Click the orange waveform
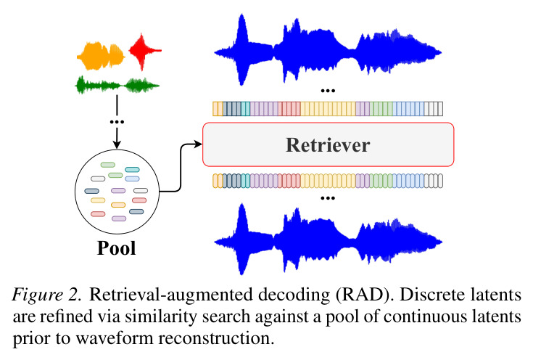101,56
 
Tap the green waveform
117,85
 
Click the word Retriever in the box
328,145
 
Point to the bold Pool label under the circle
116,248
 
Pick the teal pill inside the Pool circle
132,169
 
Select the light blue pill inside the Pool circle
132,179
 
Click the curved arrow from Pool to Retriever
181,167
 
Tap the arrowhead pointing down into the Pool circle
117,144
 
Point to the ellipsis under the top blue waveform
328,91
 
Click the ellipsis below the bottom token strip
328,198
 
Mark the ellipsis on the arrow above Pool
117,122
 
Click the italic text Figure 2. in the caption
46,295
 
